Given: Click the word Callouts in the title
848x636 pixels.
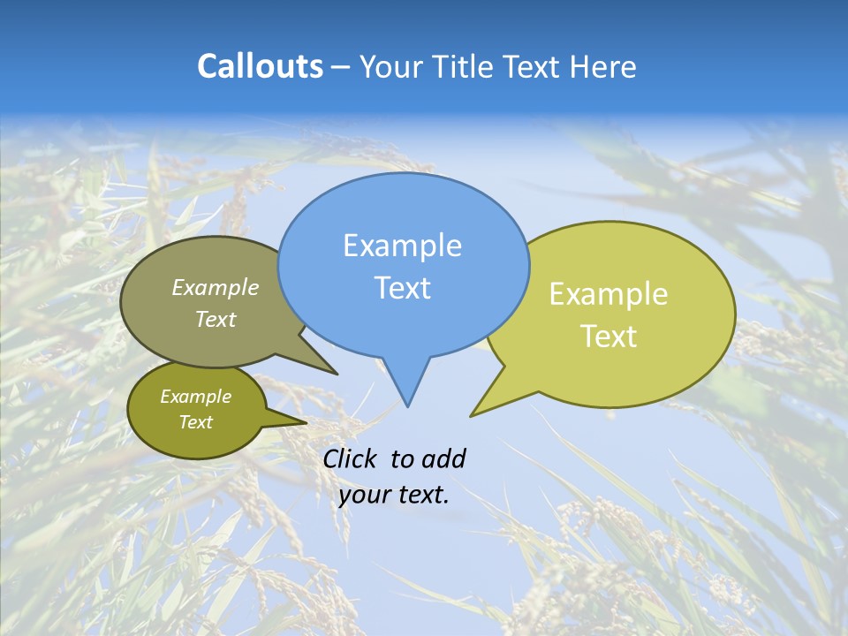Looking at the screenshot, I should pyautogui.click(x=260, y=66).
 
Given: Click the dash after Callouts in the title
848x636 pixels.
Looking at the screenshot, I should pyautogui.click(x=341, y=67).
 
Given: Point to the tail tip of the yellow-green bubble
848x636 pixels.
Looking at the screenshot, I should pyautogui.click(x=474, y=413).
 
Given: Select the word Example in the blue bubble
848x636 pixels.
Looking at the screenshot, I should pyautogui.click(x=402, y=246).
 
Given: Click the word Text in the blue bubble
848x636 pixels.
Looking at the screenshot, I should pyautogui.click(x=402, y=288).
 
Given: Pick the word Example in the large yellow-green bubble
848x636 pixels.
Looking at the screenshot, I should pyautogui.click(x=609, y=294).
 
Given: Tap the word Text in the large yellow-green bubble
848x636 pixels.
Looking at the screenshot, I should pyautogui.click(x=609, y=337).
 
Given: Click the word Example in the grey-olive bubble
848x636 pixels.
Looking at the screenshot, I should pyautogui.click(x=216, y=287).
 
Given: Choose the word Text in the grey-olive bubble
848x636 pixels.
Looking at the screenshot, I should pyautogui.click(x=216, y=319).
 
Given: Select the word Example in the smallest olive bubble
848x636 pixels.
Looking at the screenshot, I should pyautogui.click(x=195, y=397).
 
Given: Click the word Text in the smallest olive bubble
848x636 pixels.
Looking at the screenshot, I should pyautogui.click(x=195, y=422).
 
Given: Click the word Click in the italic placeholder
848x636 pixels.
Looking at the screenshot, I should pyautogui.click(x=349, y=458).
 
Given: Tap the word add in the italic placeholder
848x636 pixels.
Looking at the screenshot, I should pyautogui.click(x=443, y=458).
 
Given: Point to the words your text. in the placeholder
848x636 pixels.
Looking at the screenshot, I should pyautogui.click(x=394, y=495).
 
